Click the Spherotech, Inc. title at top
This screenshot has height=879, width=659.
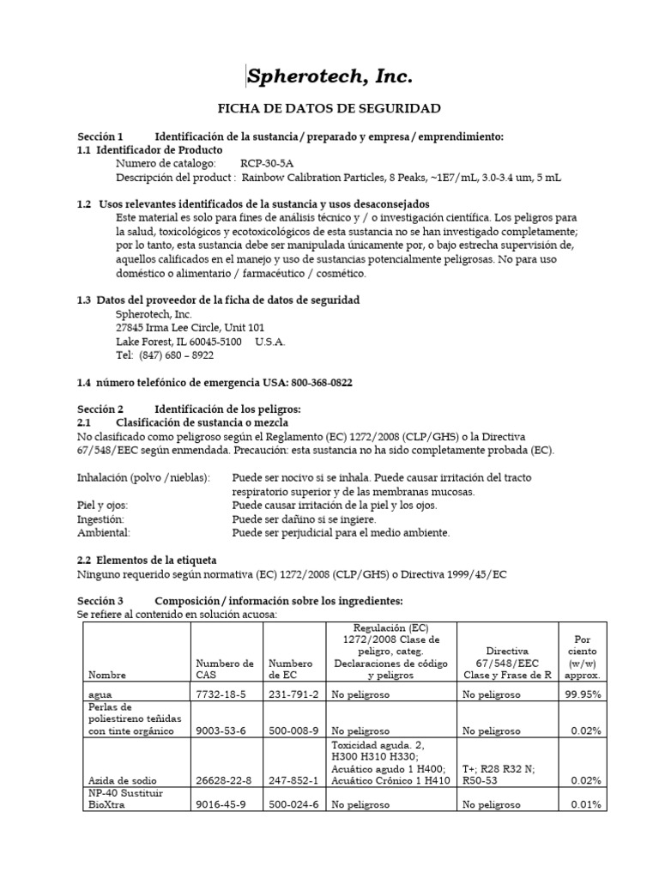pos(329,77)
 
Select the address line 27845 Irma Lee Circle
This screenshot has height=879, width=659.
pos(190,327)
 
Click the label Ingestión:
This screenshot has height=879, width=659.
pos(101,519)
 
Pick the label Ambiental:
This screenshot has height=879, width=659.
pos(101,533)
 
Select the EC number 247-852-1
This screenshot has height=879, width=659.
pos(293,780)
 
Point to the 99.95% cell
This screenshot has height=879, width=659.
pos(583,694)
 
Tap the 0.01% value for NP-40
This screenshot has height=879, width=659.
pos(586,805)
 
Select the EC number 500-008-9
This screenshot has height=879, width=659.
pos(293,730)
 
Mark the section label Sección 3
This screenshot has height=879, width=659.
pos(100,601)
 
